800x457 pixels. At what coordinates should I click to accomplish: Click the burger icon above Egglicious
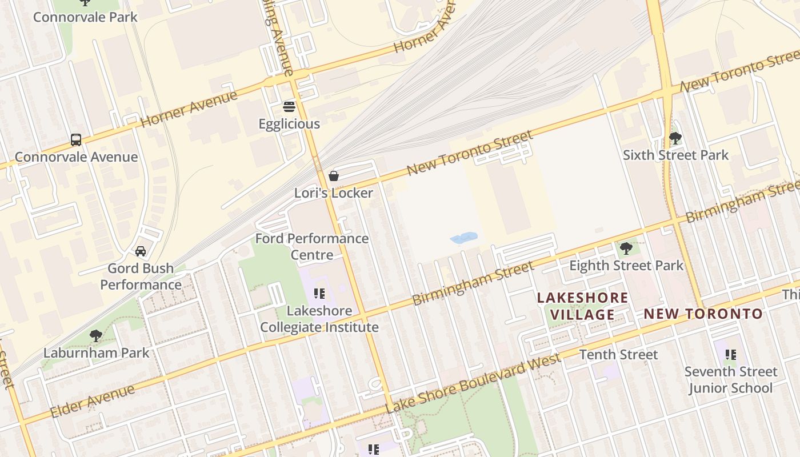[x=289, y=107]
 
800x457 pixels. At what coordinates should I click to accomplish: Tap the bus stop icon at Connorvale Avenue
[x=76, y=139]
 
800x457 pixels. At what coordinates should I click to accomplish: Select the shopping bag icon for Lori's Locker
[x=334, y=176]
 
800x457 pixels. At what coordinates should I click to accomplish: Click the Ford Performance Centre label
[x=311, y=246]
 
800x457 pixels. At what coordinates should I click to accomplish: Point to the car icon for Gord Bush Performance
[x=141, y=251]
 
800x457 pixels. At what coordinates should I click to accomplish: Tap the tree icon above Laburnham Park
[x=96, y=335]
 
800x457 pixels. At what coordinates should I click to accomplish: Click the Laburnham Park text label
[x=96, y=352]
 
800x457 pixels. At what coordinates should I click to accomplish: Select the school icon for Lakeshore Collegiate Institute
[x=319, y=294]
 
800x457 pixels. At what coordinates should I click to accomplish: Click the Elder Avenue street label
[x=93, y=401]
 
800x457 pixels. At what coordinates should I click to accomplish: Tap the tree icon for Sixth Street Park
[x=675, y=138]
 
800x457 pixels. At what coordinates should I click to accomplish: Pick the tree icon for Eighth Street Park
[x=626, y=248]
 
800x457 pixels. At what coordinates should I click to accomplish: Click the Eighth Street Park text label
[x=626, y=265]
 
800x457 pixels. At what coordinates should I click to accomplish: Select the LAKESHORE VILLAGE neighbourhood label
[x=582, y=306]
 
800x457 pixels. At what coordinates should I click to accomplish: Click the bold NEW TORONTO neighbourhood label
[x=703, y=314]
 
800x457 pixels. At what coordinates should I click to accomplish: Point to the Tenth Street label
[x=618, y=354]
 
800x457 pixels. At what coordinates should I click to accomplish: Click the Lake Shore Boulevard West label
[x=473, y=383]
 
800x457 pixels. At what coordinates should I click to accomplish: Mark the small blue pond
[x=463, y=238]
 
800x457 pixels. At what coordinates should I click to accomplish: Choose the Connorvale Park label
[x=85, y=17]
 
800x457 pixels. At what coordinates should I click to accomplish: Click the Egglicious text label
[x=289, y=124]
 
